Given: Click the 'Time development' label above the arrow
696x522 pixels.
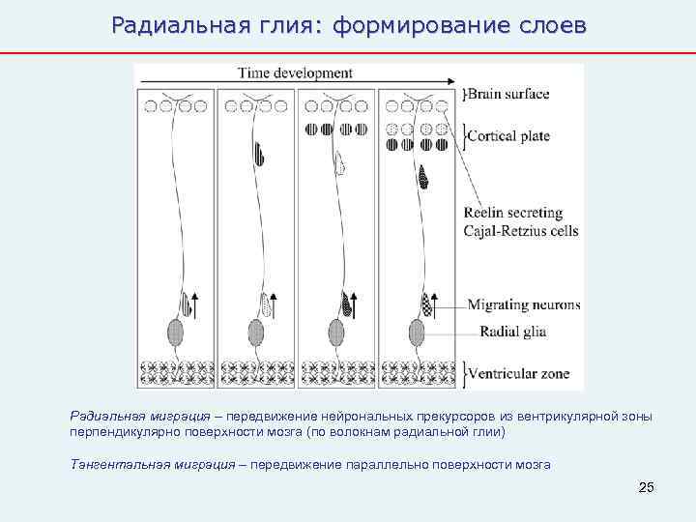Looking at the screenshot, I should tap(295, 72).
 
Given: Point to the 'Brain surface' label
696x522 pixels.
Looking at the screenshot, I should tap(509, 94).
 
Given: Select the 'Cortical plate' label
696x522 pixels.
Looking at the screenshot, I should tap(508, 136).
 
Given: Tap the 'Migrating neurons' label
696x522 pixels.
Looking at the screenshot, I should tap(524, 304).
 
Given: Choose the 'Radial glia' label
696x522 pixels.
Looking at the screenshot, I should tap(514, 331).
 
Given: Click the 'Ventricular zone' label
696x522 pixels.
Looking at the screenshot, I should tap(518, 372).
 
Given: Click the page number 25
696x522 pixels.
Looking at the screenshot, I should tap(647, 486).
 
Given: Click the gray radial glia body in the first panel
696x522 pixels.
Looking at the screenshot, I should tap(175, 333).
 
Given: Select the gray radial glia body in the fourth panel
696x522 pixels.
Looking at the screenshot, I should tap(417, 333).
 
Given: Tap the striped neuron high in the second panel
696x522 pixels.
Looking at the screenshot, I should tap(259, 153).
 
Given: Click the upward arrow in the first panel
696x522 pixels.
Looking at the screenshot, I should tap(194, 303).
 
